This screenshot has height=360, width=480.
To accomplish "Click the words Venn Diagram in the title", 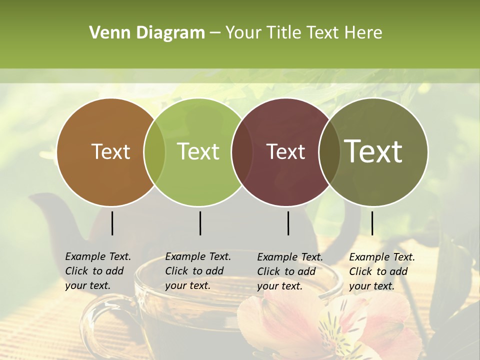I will pos(147,33).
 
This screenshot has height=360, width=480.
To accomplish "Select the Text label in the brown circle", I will pos(110,151).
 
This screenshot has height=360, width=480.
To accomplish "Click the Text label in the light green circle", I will pos(198,151).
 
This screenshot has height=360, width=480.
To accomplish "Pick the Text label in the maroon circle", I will pos(285,151).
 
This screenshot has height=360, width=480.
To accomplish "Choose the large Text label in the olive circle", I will pos(373,151).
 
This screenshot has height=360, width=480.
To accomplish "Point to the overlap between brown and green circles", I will pos(154,151).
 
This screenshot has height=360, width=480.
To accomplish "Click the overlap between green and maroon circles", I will pos(242,151).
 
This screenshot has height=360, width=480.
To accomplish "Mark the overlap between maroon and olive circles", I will pos(329,151).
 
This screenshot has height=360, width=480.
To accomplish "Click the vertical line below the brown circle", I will pos(112,223).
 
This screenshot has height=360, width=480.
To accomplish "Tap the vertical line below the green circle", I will pos(200,223).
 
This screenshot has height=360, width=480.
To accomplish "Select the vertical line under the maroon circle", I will pos(288,223).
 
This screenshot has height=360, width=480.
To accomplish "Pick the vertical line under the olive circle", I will pos(372,223).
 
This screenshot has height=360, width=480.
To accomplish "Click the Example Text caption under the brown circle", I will pos(97,271).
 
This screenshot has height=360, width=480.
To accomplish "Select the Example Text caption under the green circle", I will pos(197,271).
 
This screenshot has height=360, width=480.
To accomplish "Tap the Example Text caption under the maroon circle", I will pos(289,271).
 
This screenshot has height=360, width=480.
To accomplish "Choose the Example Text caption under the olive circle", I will pos(381,271).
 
